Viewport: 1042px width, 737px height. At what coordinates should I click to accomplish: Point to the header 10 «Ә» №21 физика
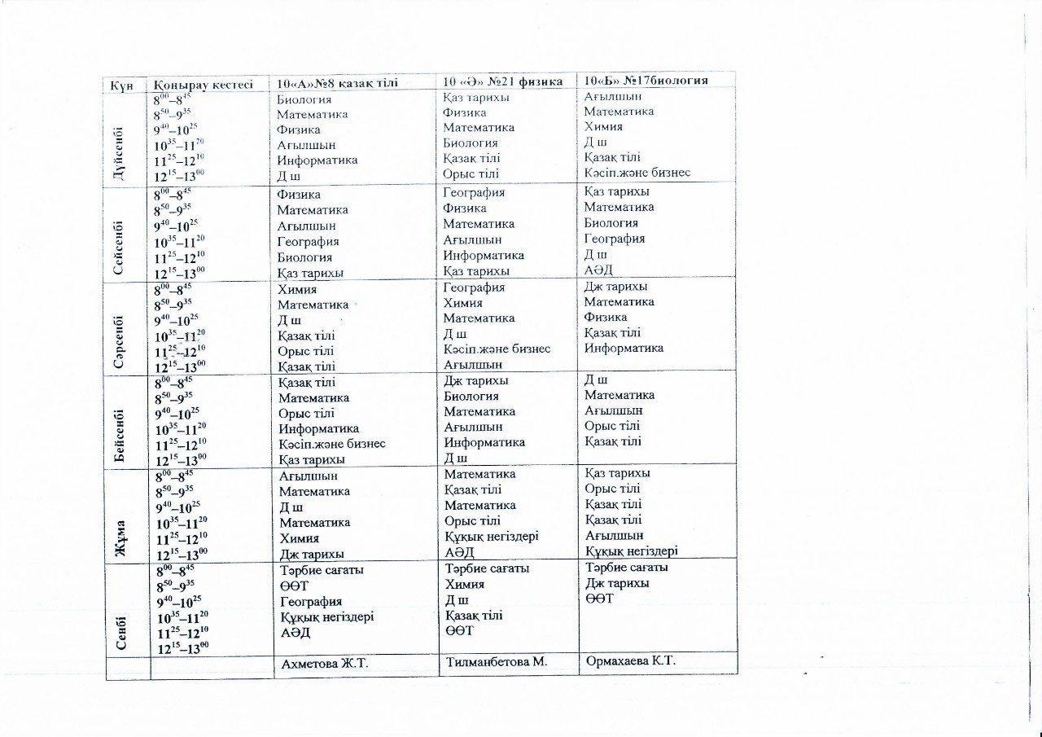(x=503, y=81)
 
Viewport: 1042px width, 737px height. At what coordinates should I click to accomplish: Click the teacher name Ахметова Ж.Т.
(x=325, y=664)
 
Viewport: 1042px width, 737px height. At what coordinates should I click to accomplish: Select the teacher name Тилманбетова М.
(x=495, y=661)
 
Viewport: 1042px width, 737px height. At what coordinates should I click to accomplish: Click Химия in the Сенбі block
(x=465, y=584)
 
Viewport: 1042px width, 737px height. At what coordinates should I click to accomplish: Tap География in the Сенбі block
(x=310, y=601)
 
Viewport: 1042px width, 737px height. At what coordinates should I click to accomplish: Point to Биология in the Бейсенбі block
(x=471, y=396)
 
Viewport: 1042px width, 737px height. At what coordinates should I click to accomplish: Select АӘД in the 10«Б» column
(x=598, y=269)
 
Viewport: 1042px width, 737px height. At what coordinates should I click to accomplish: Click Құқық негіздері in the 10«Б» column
(x=631, y=551)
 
